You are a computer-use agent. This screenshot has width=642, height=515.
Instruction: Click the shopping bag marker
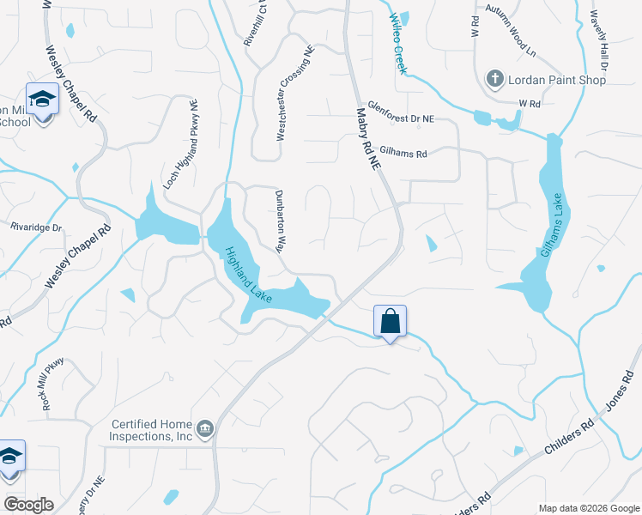pyautogui.click(x=390, y=322)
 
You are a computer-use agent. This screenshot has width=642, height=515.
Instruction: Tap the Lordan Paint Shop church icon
pyautogui.click(x=494, y=80)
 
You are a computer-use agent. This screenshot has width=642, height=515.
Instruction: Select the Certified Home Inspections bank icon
pyautogui.click(x=205, y=428)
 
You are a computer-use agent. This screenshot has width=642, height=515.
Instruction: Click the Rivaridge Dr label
pyautogui.click(x=36, y=228)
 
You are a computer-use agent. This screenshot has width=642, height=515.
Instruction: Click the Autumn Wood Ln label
pyautogui.click(x=510, y=40)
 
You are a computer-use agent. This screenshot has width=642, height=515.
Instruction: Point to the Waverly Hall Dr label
pyautogui.click(x=598, y=39)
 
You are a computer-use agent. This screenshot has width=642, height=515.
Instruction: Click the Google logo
pyautogui.click(x=27, y=504)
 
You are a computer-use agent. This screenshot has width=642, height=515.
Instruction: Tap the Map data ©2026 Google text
pyautogui.click(x=588, y=508)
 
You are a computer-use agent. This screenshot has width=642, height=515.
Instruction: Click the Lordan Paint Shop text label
pyautogui.click(x=557, y=80)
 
